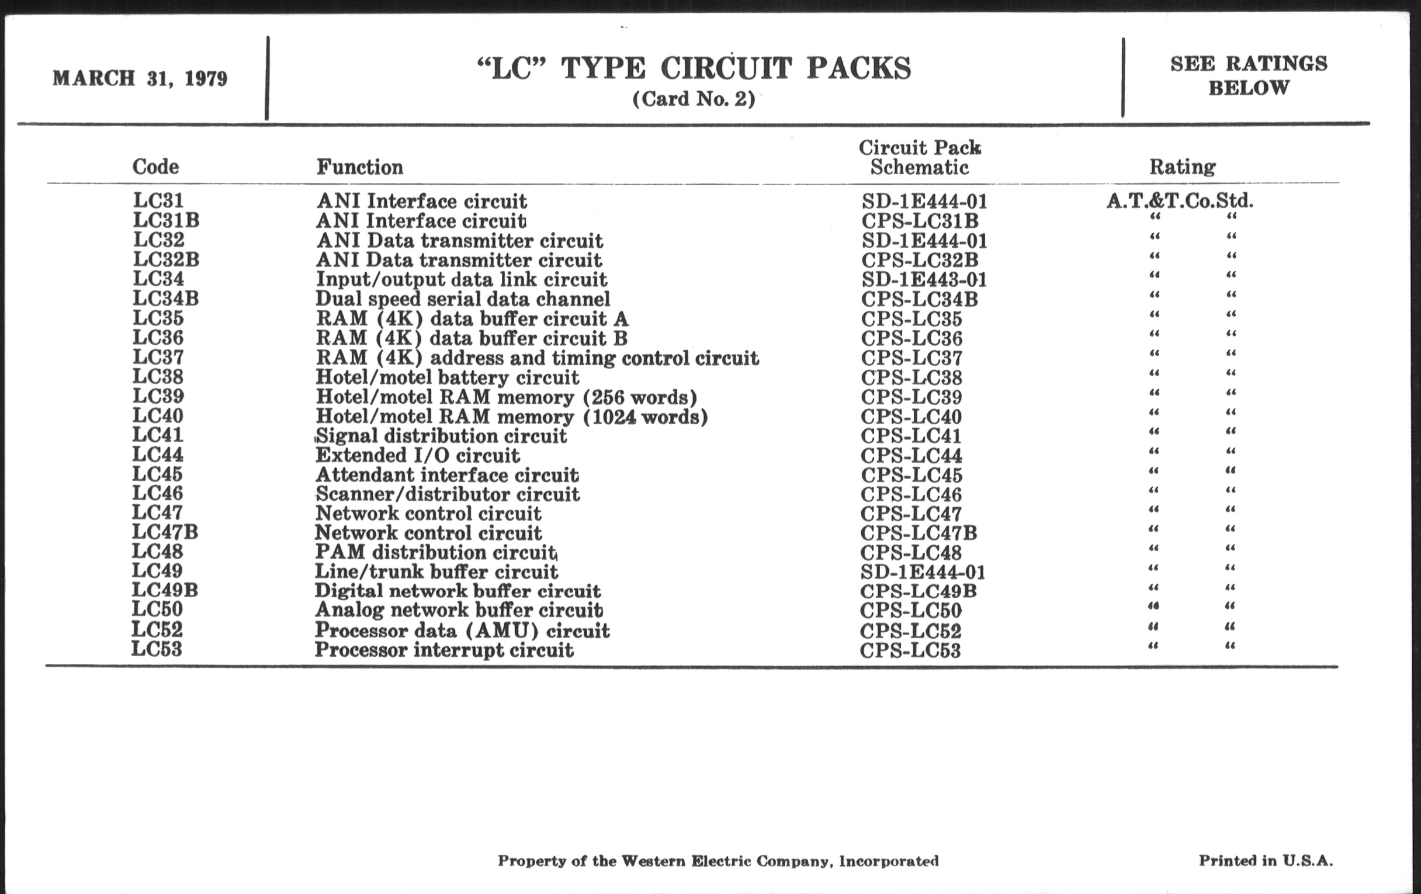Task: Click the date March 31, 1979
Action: point(140,78)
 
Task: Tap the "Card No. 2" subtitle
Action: point(694,99)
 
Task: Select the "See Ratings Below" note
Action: point(1249,75)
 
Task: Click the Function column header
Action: point(359,167)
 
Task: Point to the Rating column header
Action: point(1182,167)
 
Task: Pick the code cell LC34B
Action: point(166,299)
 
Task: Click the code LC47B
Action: point(165,532)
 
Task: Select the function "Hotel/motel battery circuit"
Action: point(448,377)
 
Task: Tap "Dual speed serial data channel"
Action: point(463,299)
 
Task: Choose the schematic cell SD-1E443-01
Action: point(924,280)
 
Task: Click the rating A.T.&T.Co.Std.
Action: point(1180,201)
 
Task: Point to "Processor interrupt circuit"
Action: point(443,650)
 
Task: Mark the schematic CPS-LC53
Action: point(910,650)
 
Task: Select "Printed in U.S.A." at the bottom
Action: point(1265,860)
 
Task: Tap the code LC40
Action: point(158,416)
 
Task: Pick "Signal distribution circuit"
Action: point(441,436)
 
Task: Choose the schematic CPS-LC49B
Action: point(919,591)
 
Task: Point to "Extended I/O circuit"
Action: point(418,456)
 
